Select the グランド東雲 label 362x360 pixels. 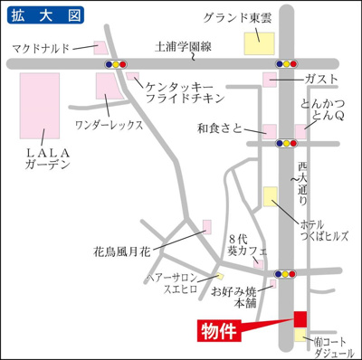237,18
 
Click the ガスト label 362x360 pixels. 321,81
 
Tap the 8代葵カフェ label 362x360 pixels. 243,240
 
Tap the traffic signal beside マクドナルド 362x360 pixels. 116,64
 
